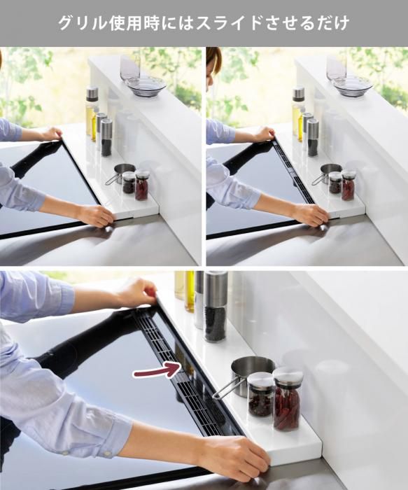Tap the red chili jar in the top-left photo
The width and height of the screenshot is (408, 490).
pos(142,185)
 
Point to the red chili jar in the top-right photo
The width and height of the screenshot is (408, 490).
pos(349,185)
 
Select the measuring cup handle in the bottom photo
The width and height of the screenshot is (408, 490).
pos(223,390)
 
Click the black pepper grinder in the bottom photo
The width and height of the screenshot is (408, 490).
pos(216,307)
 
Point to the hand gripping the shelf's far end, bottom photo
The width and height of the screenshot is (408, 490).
pos(137,293)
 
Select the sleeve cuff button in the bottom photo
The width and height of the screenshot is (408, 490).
pos(107,453)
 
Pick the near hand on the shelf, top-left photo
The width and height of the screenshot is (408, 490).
pos(95,216)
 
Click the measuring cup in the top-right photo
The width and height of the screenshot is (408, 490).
pos(330,173)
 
